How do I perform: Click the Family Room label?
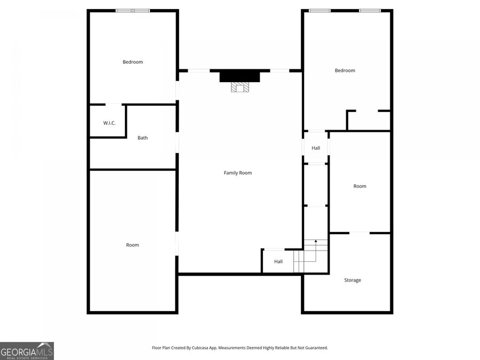[x=237, y=173]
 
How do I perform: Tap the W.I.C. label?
[x=109, y=123]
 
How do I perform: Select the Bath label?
[x=142, y=138]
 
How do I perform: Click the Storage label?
[x=352, y=280]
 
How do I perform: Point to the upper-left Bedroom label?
[x=133, y=62]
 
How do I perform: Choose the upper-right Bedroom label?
[x=345, y=70]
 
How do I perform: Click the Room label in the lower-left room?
[x=132, y=245]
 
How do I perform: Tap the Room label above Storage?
[x=359, y=186]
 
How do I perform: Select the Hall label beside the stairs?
[x=278, y=261]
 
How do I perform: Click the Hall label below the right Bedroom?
[x=316, y=148]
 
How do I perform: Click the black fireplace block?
[x=239, y=76]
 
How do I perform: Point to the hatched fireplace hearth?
[x=239, y=87]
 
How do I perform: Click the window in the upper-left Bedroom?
[x=133, y=10]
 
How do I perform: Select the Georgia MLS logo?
[x=27, y=351]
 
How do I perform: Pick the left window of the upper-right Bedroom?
[x=319, y=10]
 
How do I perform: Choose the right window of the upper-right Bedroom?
[x=370, y=10]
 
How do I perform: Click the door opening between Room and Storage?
[x=359, y=233]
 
